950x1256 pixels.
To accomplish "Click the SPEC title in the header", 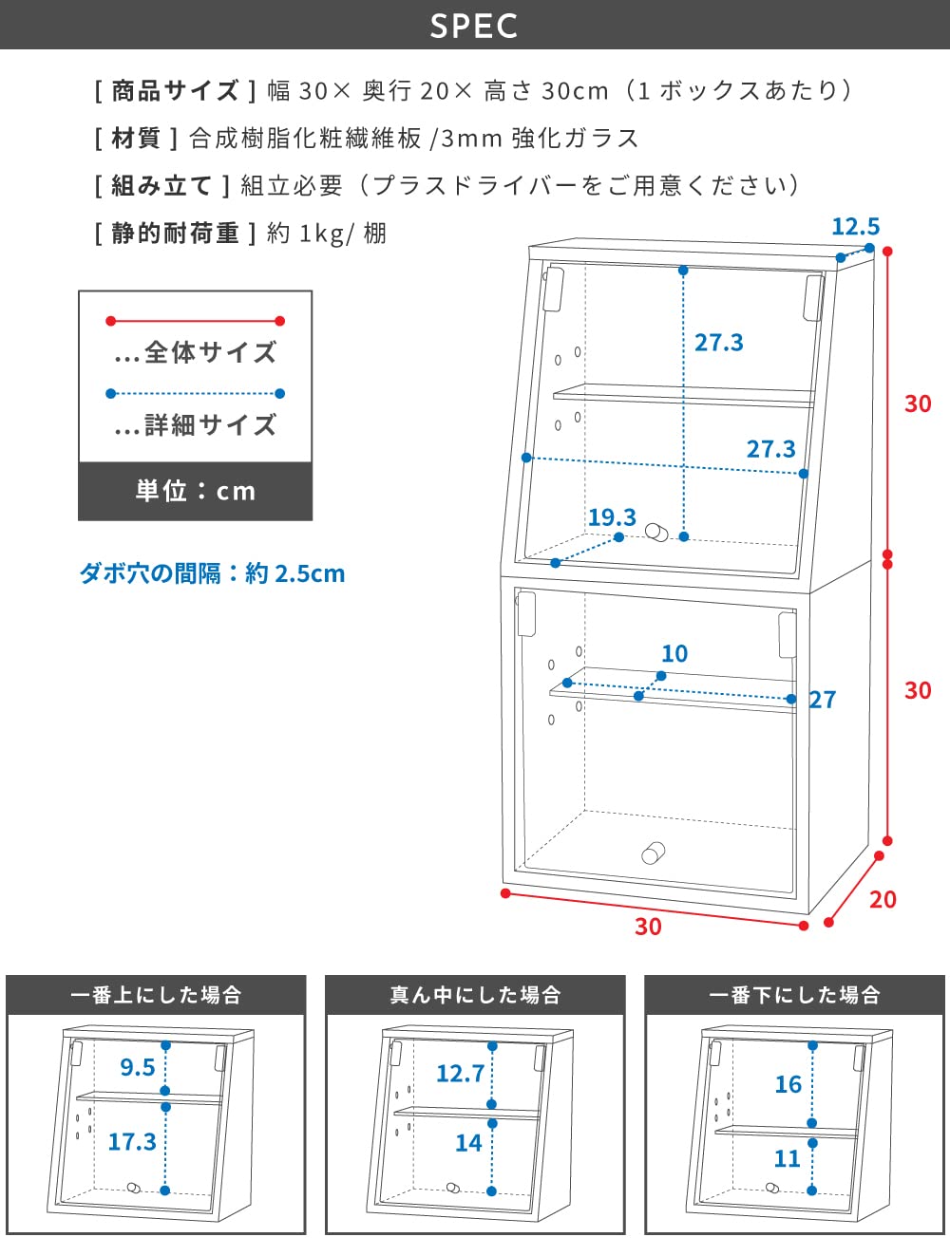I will click(474, 26).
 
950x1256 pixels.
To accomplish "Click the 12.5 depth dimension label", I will click(855, 227).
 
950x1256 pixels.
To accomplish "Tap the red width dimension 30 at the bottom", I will click(648, 927).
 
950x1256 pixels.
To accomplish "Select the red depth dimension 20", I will click(883, 899).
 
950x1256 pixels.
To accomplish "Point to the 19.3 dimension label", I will click(612, 517).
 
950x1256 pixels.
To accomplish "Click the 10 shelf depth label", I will click(674, 653).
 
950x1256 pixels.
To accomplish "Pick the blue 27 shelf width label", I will click(823, 700).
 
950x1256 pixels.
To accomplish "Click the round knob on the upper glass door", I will click(655, 532).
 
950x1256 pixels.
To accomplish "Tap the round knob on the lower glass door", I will click(652, 852).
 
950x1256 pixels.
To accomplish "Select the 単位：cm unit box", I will click(195, 491).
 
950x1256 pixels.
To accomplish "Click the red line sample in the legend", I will click(195, 321).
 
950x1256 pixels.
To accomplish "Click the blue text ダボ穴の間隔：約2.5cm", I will click(212, 573).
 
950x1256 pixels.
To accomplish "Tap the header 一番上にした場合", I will click(156, 995).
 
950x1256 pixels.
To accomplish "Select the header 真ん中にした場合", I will click(475, 995).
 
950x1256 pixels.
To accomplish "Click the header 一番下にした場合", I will click(794, 995).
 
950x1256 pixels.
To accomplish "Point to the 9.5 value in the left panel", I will click(137, 1067).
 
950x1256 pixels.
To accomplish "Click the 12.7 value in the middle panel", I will click(460, 1074).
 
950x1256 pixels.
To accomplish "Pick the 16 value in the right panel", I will click(788, 1084).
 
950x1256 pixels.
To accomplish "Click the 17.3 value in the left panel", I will click(131, 1141).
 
